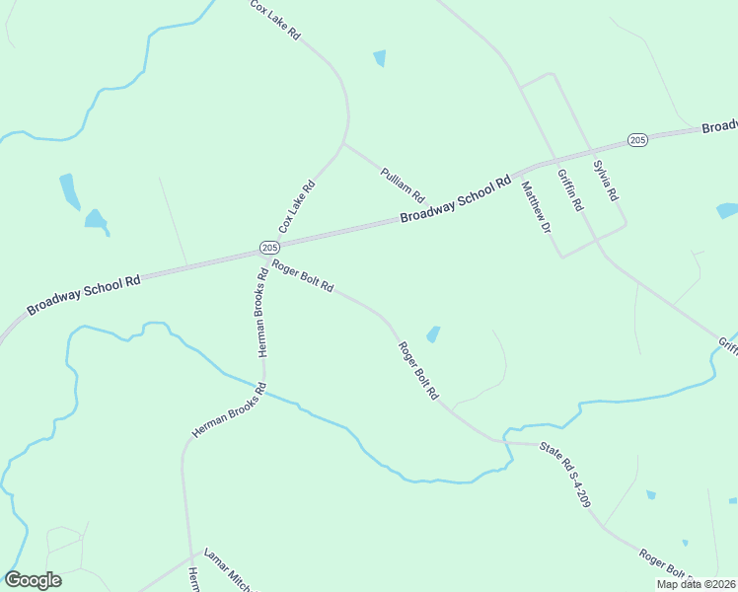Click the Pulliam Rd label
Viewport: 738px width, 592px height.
coord(402,183)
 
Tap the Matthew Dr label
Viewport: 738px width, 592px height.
coord(535,206)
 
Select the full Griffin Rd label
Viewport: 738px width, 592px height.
coord(570,190)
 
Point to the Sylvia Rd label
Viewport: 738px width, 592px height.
coord(604,179)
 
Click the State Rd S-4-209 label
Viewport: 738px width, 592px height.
coord(565,476)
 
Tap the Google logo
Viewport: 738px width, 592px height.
coord(33,580)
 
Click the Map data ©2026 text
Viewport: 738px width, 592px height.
coord(697,584)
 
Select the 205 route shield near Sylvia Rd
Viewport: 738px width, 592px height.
coord(637,140)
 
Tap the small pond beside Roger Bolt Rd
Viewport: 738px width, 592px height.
coord(433,334)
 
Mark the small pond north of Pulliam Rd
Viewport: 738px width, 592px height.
coord(380,58)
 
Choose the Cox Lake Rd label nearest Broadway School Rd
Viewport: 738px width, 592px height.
coord(296,206)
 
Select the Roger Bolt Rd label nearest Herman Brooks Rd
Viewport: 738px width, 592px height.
coord(303,275)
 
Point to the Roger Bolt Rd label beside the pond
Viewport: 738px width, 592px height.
coord(418,371)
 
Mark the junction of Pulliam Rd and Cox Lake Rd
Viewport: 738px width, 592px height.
coord(343,145)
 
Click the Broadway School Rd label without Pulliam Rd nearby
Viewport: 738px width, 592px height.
coord(84,295)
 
